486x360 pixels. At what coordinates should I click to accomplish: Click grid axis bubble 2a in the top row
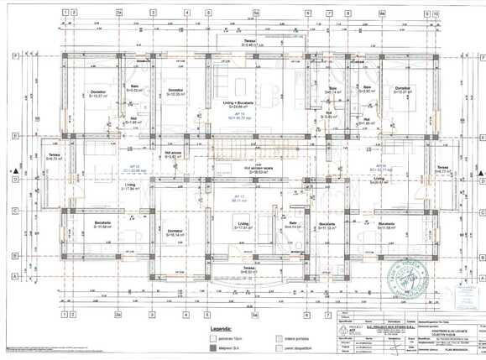coord(120,13)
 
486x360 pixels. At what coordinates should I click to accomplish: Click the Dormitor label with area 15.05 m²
coord(175,91)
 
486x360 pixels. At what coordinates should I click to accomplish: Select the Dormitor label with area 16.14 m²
coord(175,232)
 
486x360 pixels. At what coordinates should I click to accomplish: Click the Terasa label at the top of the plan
coord(249,42)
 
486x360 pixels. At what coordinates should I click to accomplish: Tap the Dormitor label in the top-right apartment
coord(402,90)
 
